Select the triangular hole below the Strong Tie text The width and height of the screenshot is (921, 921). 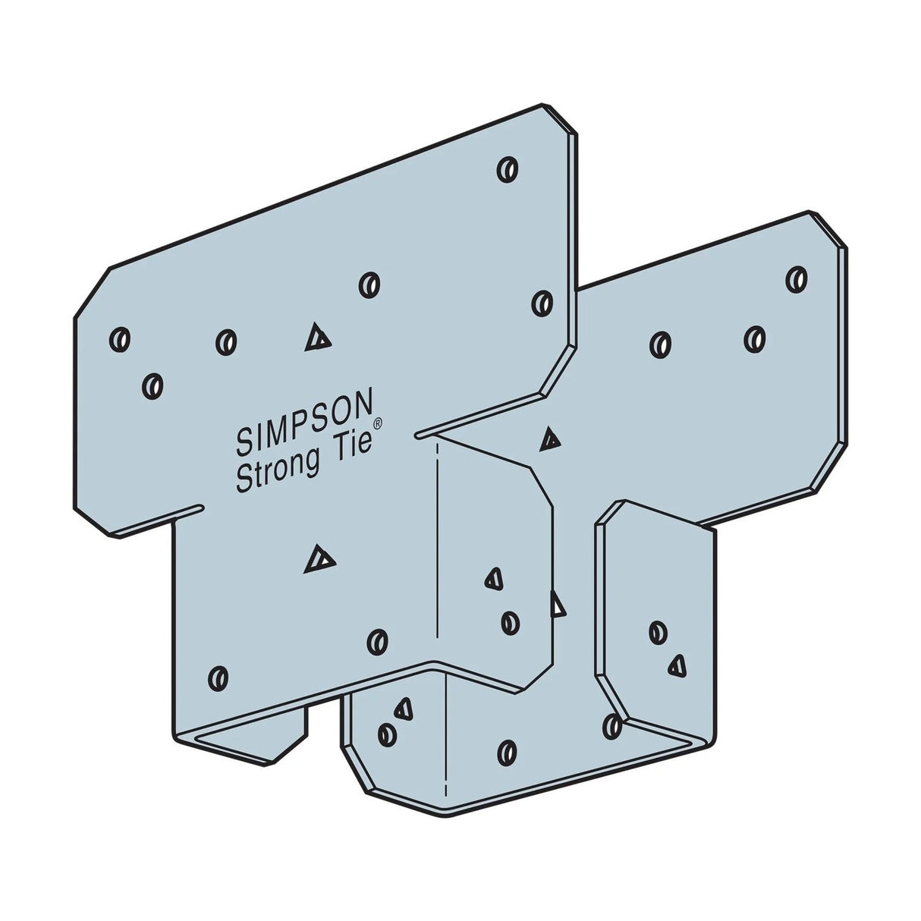click(x=319, y=561)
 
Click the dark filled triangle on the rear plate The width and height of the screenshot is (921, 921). click(x=550, y=439)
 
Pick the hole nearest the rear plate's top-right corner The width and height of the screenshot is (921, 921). click(x=795, y=278)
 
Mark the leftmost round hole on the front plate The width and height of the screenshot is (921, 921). click(x=120, y=337)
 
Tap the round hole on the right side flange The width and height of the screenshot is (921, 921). click(x=657, y=630)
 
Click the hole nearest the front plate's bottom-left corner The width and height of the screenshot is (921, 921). click(x=218, y=676)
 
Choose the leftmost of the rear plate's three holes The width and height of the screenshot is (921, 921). click(x=661, y=344)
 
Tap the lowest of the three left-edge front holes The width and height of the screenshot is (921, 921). click(x=152, y=385)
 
